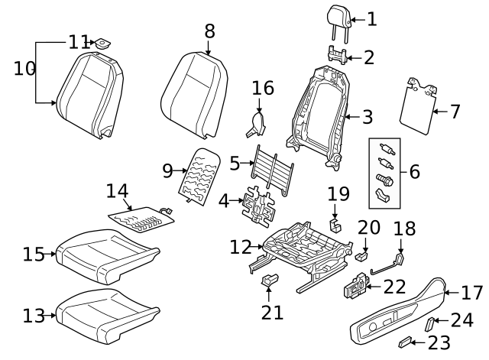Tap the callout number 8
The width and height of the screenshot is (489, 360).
tap(209, 31)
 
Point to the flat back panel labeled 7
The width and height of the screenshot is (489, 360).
tap(419, 105)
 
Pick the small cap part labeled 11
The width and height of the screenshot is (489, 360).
tap(100, 43)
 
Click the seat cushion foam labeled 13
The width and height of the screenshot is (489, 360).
tap(107, 314)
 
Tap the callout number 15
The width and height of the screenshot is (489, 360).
tap(34, 255)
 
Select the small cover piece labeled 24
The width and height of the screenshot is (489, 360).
tap(430, 324)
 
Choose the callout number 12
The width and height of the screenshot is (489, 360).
tap(240, 246)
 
